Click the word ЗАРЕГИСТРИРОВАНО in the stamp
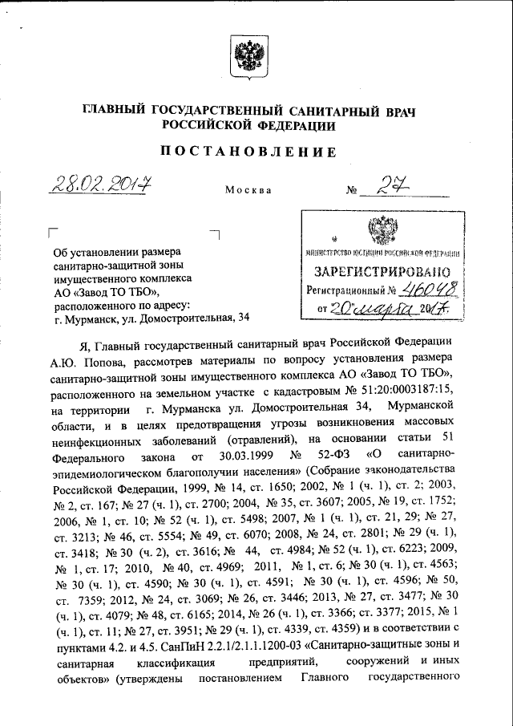382,271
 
